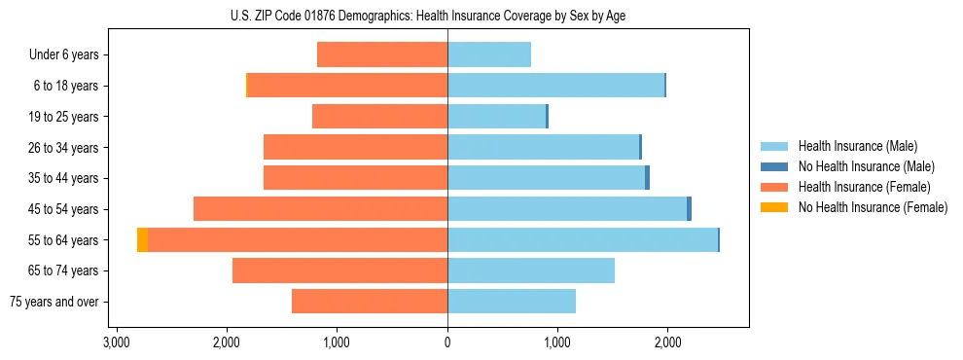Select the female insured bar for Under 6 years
point(382,54)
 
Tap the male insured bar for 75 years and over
point(512,302)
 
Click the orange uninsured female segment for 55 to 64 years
point(142,240)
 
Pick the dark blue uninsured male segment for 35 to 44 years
point(647,178)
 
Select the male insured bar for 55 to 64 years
point(582,240)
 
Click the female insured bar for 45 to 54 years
point(320,209)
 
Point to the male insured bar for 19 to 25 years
point(496,117)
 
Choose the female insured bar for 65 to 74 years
point(339,270)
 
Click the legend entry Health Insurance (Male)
point(857,146)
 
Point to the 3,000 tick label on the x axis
point(117,342)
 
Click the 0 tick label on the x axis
point(447,342)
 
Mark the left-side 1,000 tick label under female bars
point(337,342)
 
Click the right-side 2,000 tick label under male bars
point(667,342)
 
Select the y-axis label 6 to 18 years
point(65,86)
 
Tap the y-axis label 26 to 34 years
point(63,148)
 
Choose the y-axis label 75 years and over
point(54,302)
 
